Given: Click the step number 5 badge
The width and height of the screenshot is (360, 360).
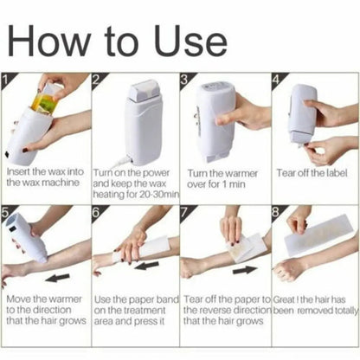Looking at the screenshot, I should click(x=7, y=210).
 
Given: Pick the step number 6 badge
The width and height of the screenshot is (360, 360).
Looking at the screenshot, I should click(x=98, y=210).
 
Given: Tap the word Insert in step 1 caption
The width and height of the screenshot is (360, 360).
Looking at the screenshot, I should click(x=19, y=173).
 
